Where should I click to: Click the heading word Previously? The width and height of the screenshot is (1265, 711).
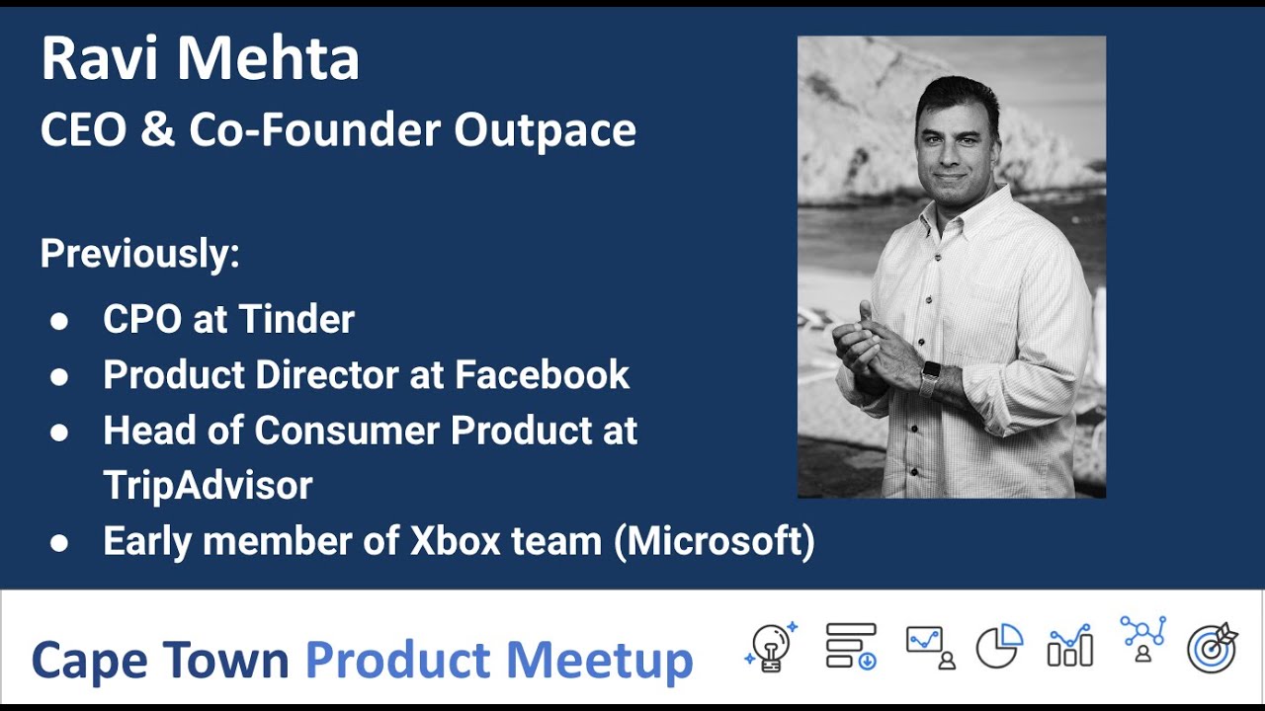click(x=139, y=254)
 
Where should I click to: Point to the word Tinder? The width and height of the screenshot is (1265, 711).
click(x=296, y=319)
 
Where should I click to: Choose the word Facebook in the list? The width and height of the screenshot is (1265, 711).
click(x=542, y=374)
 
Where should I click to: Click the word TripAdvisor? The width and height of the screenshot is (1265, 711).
click(x=208, y=485)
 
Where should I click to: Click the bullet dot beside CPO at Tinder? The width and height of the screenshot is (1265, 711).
click(x=59, y=322)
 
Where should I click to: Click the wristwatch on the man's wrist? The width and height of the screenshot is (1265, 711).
click(x=929, y=378)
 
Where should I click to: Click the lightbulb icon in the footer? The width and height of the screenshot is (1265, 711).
click(x=770, y=648)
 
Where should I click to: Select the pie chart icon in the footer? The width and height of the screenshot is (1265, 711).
click(x=999, y=647)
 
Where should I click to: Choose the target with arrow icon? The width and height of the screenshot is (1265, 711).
click(x=1213, y=648)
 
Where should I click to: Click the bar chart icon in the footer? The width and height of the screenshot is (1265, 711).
click(x=1070, y=647)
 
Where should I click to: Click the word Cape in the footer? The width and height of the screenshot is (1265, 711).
click(x=89, y=661)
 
